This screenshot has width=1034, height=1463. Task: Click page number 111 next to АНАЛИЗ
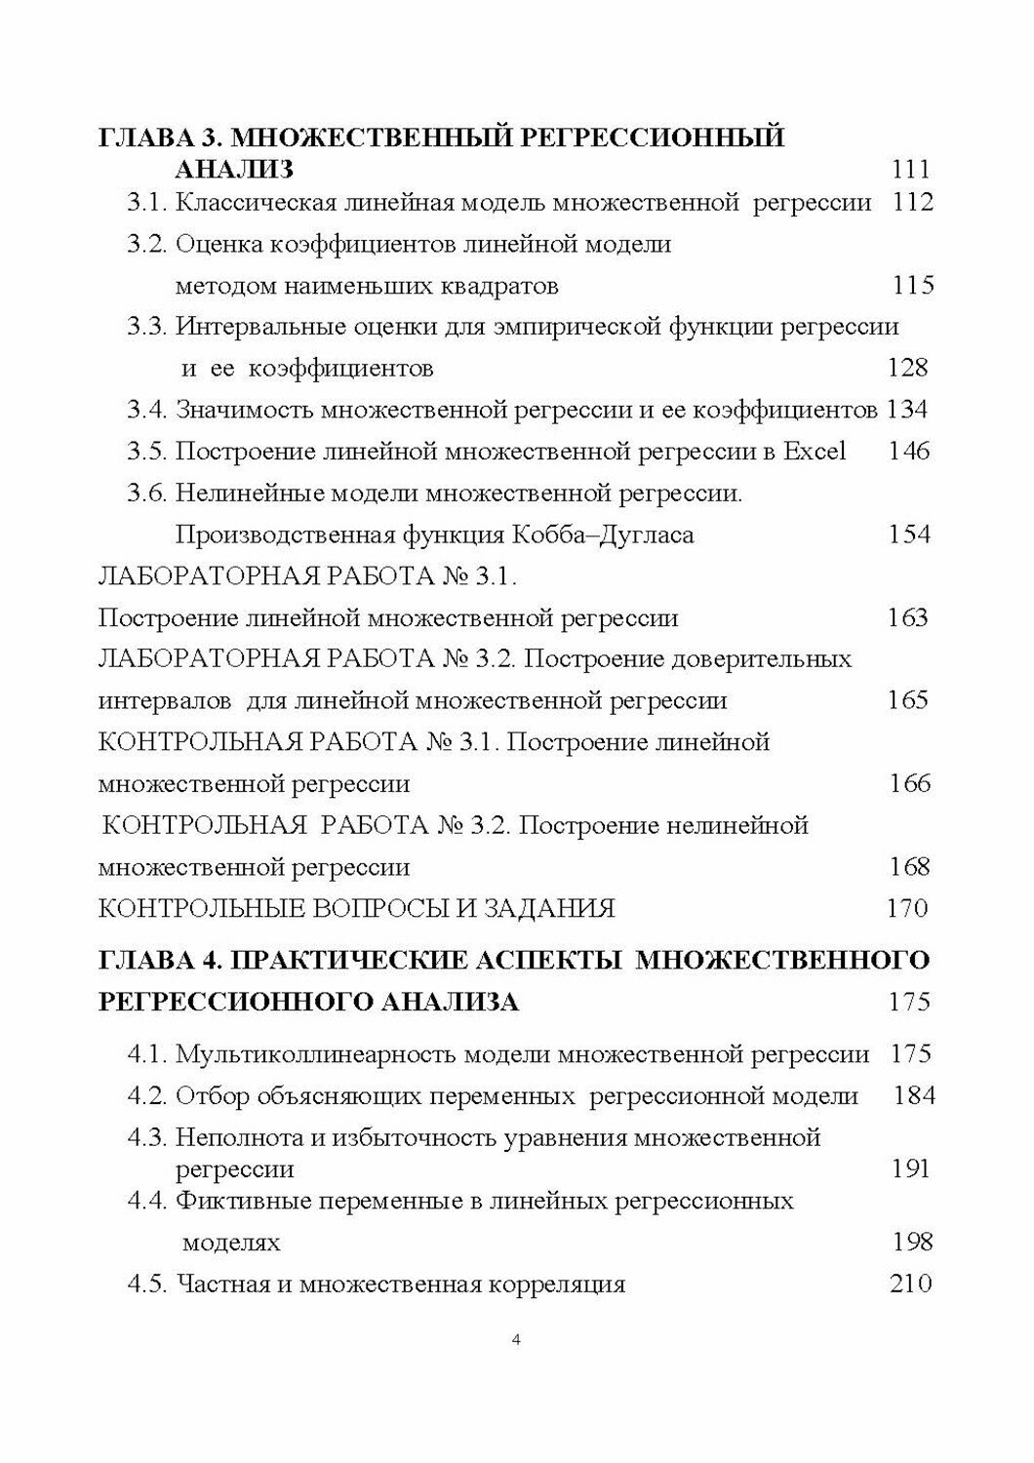coord(911,170)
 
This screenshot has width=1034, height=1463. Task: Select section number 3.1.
coord(148,203)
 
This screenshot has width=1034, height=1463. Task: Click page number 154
coord(910,534)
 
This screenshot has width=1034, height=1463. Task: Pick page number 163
coord(908,617)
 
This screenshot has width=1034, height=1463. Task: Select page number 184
coord(914,1095)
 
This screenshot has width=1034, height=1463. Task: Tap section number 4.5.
coord(148,1284)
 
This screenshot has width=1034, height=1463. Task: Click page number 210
coord(911,1284)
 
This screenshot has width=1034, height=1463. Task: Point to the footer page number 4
coord(516,1339)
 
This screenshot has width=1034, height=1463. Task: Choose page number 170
coord(907,908)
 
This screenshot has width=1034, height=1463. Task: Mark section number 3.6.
coord(148,494)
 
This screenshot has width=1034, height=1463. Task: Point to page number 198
coord(913,1242)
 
